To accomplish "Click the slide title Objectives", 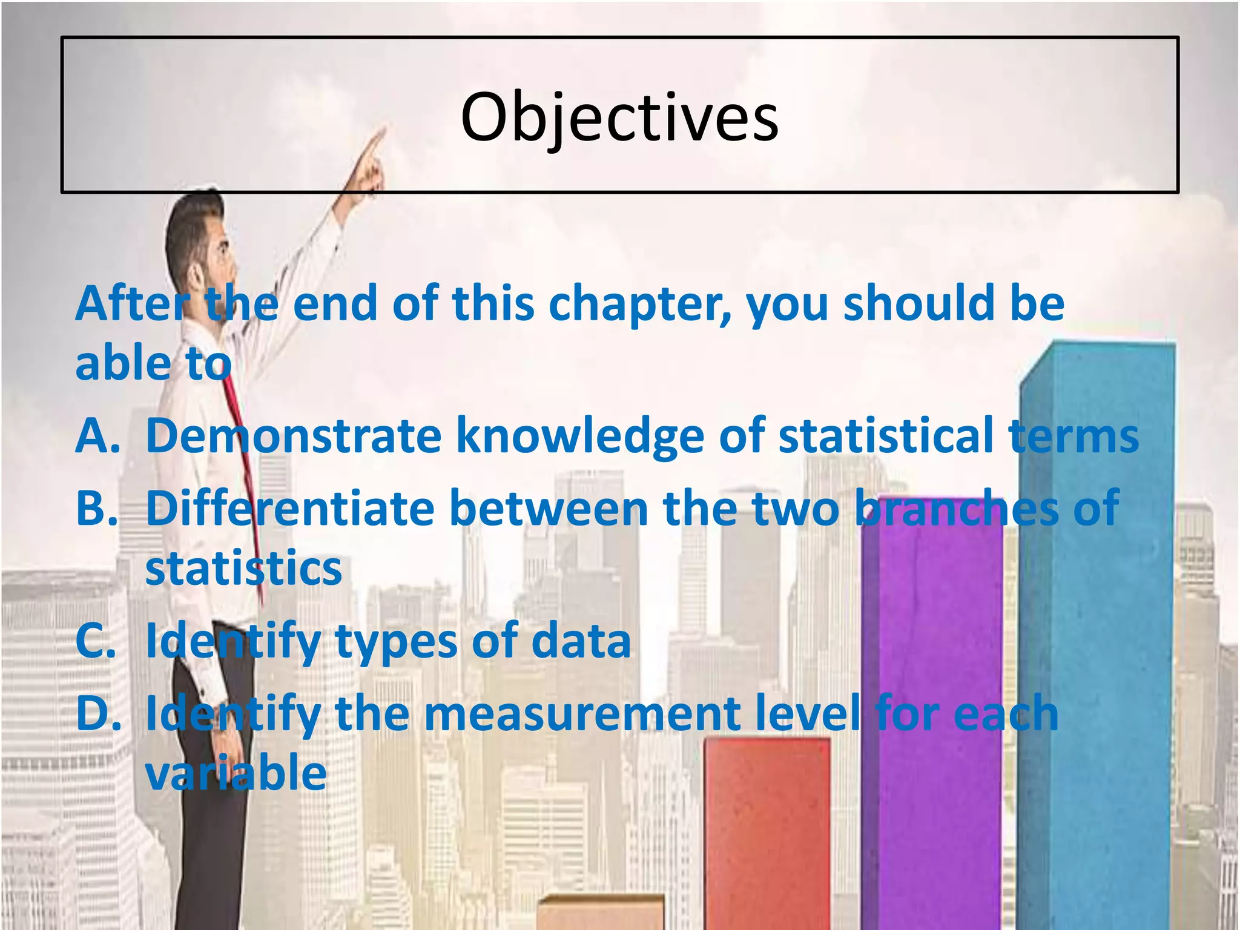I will [619, 118].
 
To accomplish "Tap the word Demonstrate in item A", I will [294, 435].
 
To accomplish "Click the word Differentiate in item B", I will [290, 508].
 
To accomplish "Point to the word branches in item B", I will [957, 508].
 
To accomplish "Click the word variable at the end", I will [236, 773].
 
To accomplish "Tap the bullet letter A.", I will [97, 435].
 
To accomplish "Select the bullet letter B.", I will [96, 508].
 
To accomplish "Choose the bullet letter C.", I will [95, 641].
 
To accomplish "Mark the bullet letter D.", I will [97, 714].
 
